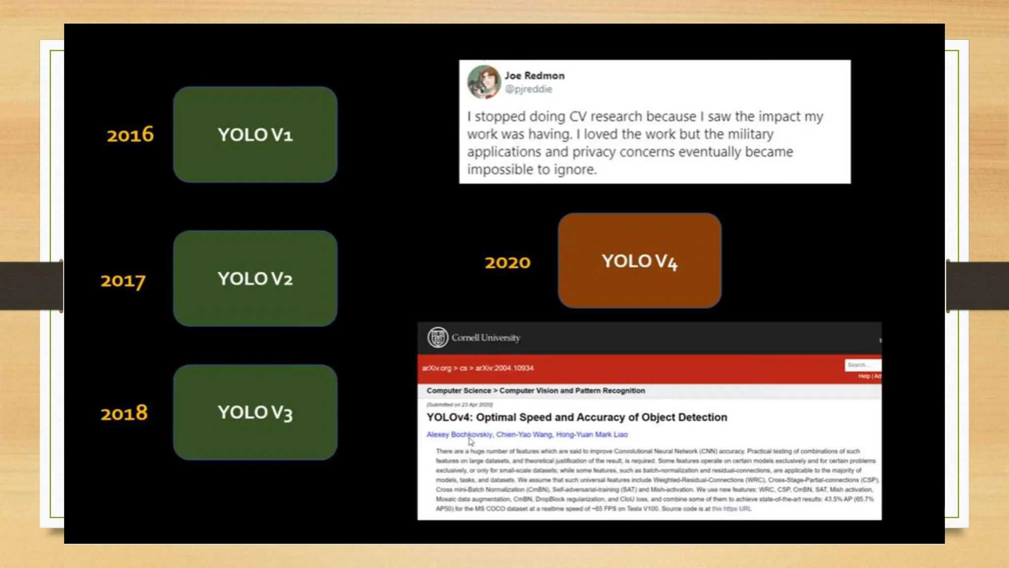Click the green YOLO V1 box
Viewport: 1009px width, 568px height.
(x=255, y=135)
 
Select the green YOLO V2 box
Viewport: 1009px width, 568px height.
(x=255, y=279)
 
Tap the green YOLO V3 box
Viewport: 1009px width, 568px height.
(x=255, y=412)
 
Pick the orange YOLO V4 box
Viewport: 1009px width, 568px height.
(x=639, y=261)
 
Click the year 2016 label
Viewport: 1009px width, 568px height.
(x=130, y=135)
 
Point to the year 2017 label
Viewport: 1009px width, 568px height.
(x=123, y=281)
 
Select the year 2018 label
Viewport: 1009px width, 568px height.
(x=124, y=413)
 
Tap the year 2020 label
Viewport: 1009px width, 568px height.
(x=507, y=262)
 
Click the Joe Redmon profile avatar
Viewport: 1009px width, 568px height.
(x=483, y=82)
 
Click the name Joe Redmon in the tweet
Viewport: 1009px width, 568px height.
(x=535, y=75)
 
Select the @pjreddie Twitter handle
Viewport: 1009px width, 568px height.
(x=529, y=89)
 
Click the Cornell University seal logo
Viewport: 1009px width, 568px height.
(x=437, y=338)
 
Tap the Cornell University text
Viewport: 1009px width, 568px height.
(x=486, y=338)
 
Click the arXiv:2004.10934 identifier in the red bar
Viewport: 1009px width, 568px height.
(x=504, y=368)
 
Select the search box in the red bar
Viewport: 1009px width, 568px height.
(x=862, y=365)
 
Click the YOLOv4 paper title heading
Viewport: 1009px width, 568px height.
(x=576, y=417)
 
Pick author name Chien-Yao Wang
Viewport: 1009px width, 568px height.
(x=524, y=434)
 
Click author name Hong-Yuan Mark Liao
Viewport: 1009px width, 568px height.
(x=592, y=434)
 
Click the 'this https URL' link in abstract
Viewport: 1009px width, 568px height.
(x=731, y=509)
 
